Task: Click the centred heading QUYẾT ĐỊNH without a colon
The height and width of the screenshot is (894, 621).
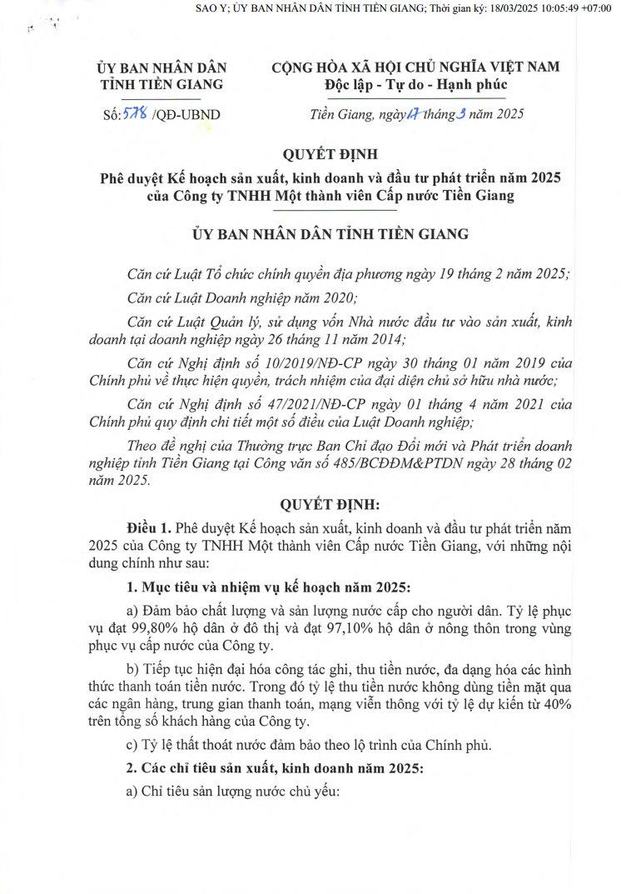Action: coord(330,154)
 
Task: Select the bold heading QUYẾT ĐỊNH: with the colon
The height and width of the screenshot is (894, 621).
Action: coord(330,504)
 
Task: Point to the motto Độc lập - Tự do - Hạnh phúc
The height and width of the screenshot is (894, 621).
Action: coord(415,84)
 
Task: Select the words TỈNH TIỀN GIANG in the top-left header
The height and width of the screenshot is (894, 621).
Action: coord(161,84)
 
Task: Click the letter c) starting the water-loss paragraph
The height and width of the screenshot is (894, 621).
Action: coord(132,744)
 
